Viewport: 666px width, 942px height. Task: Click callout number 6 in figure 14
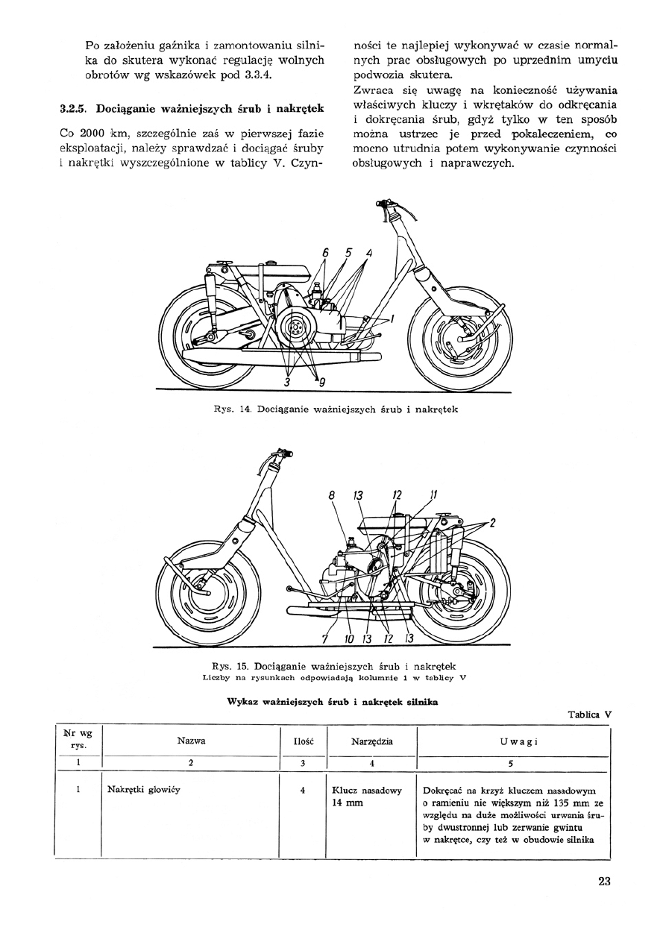(326, 253)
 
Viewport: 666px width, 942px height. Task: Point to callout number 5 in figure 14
(348, 253)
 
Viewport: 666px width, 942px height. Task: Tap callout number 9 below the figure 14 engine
(322, 383)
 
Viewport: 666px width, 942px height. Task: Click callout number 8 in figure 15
(331, 494)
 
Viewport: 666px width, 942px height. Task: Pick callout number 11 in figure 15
(433, 494)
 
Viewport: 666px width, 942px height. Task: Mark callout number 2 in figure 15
(492, 524)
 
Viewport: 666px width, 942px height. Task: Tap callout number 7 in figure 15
(325, 638)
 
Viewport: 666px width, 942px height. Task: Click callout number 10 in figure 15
(349, 638)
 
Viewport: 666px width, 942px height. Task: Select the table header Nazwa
(192, 741)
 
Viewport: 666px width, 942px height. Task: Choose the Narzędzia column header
(372, 742)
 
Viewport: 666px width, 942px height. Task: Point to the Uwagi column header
(514, 742)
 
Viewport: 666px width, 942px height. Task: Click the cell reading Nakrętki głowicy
(145, 789)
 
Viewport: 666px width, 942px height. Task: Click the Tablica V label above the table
(589, 714)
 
